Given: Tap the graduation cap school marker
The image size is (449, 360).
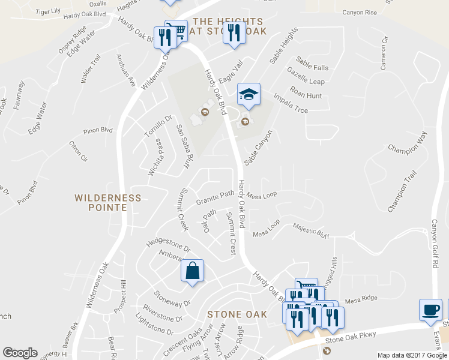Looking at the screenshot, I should coord(249,94).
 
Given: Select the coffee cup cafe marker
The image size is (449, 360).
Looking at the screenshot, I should coord(430,309).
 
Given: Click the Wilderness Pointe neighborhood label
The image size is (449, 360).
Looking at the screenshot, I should coord(108,202).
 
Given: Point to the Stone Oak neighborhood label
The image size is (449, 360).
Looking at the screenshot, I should coord(237,314).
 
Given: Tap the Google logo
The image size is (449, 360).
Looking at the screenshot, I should coord(20,353).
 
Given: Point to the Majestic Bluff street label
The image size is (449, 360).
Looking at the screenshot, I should coord(311,230).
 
